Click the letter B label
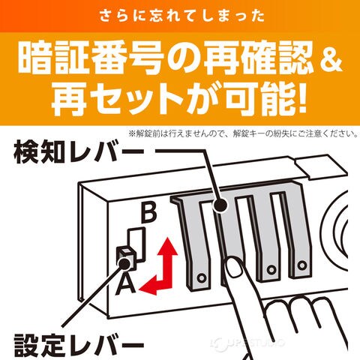coord(149,213)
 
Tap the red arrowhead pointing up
coord(167,247)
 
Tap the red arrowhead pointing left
coord(148,288)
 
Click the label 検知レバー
coord(79,151)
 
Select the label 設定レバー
coord(79,346)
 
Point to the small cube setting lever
coord(127,258)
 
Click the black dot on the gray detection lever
coord(220,206)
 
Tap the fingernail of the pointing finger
coord(233,267)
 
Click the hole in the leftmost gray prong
coord(201,277)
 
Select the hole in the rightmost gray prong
coord(302,265)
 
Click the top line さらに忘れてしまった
coord(182,16)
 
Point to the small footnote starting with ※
coord(243,133)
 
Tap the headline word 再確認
coord(259,59)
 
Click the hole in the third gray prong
coord(270,270)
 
